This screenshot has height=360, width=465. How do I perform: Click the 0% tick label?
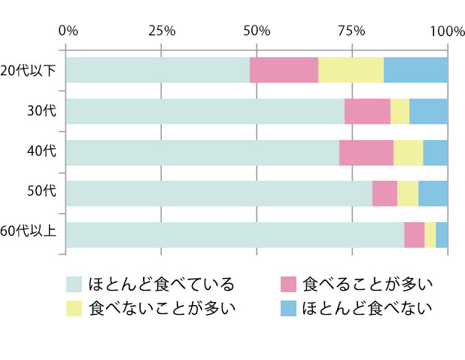click(x=68, y=31)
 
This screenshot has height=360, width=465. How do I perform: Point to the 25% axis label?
click(x=162, y=31)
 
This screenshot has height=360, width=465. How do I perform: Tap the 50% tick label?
click(x=257, y=31)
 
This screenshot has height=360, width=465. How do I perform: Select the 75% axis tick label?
click(x=351, y=31)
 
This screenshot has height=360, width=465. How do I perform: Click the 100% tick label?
click(x=448, y=31)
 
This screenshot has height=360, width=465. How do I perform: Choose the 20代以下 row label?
click(x=29, y=70)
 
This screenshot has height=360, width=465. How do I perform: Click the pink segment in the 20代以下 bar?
click(x=284, y=70)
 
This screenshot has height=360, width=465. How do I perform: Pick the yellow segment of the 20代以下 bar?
click(x=351, y=70)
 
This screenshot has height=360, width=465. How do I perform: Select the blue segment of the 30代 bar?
click(x=428, y=111)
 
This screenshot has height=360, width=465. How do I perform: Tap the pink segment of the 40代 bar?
click(x=366, y=152)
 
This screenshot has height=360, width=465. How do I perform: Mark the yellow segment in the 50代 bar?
click(x=407, y=194)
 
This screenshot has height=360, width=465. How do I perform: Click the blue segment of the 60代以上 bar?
click(x=442, y=234)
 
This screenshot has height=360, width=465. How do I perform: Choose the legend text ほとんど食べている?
click(x=162, y=285)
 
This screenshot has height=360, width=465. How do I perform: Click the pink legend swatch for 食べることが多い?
click(x=289, y=285)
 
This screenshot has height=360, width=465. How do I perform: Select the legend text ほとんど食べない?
click(x=367, y=307)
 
